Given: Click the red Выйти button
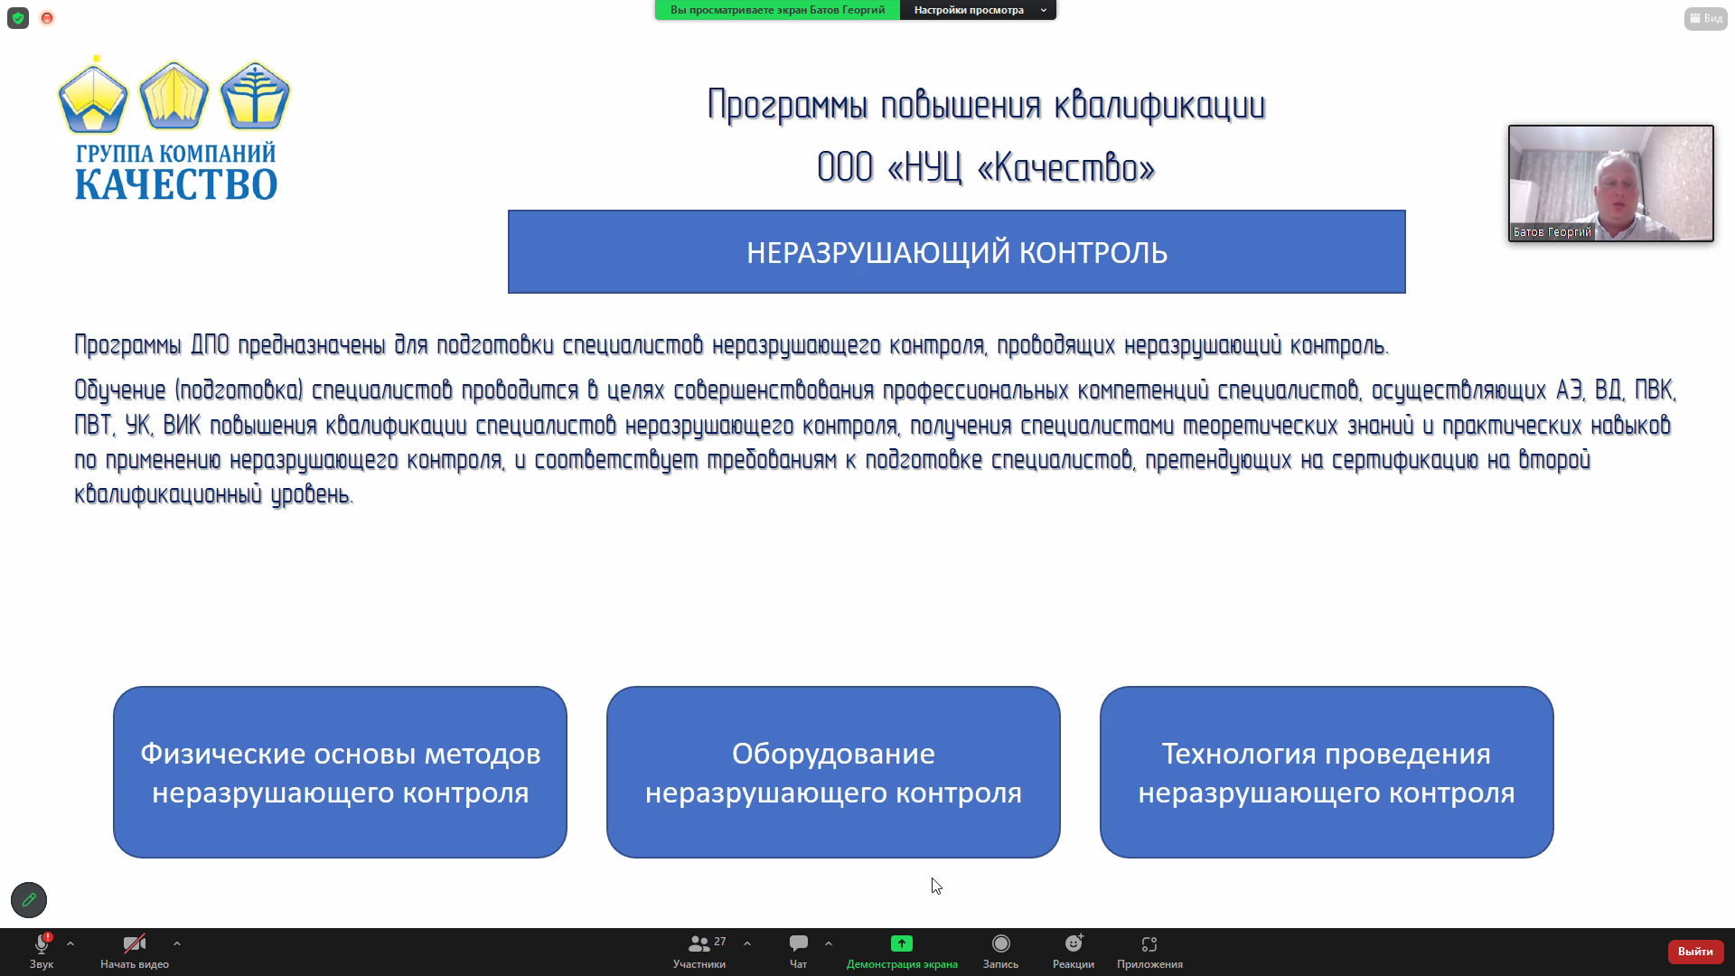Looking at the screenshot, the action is tap(1695, 951).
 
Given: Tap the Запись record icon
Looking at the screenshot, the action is tap(1001, 943).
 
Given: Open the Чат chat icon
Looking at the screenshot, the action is tap(799, 943).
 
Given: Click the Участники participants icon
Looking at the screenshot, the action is tap(699, 944).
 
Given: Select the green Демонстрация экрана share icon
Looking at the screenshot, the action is tap(902, 943).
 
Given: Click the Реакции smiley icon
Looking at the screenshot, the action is tap(1074, 943).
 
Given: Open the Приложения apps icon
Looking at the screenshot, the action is tap(1149, 944).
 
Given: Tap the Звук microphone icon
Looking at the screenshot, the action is tap(42, 944).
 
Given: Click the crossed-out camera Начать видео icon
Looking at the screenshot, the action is tap(135, 944).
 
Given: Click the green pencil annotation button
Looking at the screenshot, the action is tap(29, 900).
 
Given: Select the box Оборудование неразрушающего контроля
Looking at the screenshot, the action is tap(833, 772).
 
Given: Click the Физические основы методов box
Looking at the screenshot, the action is tap(340, 772).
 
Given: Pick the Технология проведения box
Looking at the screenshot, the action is tap(1327, 772).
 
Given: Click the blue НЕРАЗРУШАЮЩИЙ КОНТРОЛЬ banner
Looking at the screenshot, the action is tap(957, 252).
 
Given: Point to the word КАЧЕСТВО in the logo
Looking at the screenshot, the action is tap(176, 184).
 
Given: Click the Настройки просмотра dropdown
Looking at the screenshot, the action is tap(979, 10).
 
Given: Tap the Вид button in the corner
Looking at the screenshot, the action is tap(1706, 18).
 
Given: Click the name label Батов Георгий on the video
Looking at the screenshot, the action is tap(1552, 232).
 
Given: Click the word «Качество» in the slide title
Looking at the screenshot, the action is tap(1066, 168).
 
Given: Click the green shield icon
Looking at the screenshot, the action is tap(18, 18).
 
